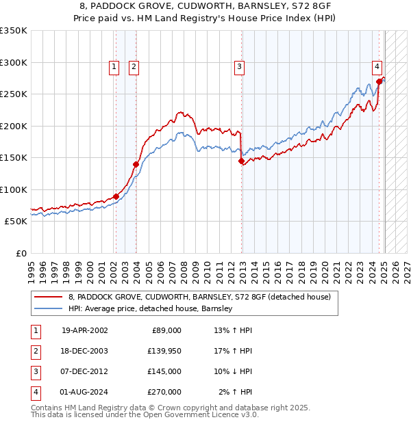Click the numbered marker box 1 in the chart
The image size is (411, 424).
coord(114,66)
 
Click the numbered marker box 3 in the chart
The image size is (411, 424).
coord(239,66)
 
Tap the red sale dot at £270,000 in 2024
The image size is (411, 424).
coord(379,81)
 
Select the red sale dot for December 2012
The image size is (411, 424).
coord(241,161)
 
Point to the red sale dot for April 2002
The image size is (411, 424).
coord(116,197)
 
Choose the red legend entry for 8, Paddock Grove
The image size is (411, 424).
coord(199,297)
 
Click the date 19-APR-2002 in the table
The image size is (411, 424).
coord(84,330)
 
